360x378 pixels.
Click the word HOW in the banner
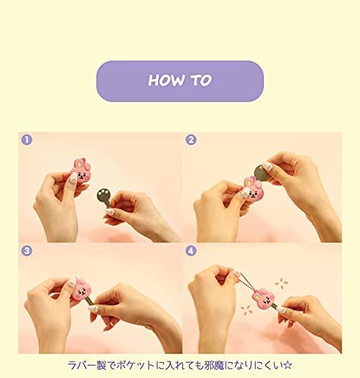point(166,80)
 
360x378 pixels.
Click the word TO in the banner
point(201,80)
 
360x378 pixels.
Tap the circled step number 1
point(26,140)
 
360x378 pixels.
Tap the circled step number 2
point(191,140)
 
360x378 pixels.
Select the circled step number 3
point(26,251)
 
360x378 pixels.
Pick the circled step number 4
point(191,251)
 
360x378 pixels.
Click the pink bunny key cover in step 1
point(81,170)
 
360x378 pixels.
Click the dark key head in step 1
point(104,195)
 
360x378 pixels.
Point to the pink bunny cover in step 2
point(253,188)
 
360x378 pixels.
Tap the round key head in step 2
point(261,173)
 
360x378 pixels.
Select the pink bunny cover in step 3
point(81,290)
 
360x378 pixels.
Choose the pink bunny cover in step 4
point(263,298)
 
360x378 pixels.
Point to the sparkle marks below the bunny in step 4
point(247,310)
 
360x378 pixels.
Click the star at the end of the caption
point(287,365)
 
